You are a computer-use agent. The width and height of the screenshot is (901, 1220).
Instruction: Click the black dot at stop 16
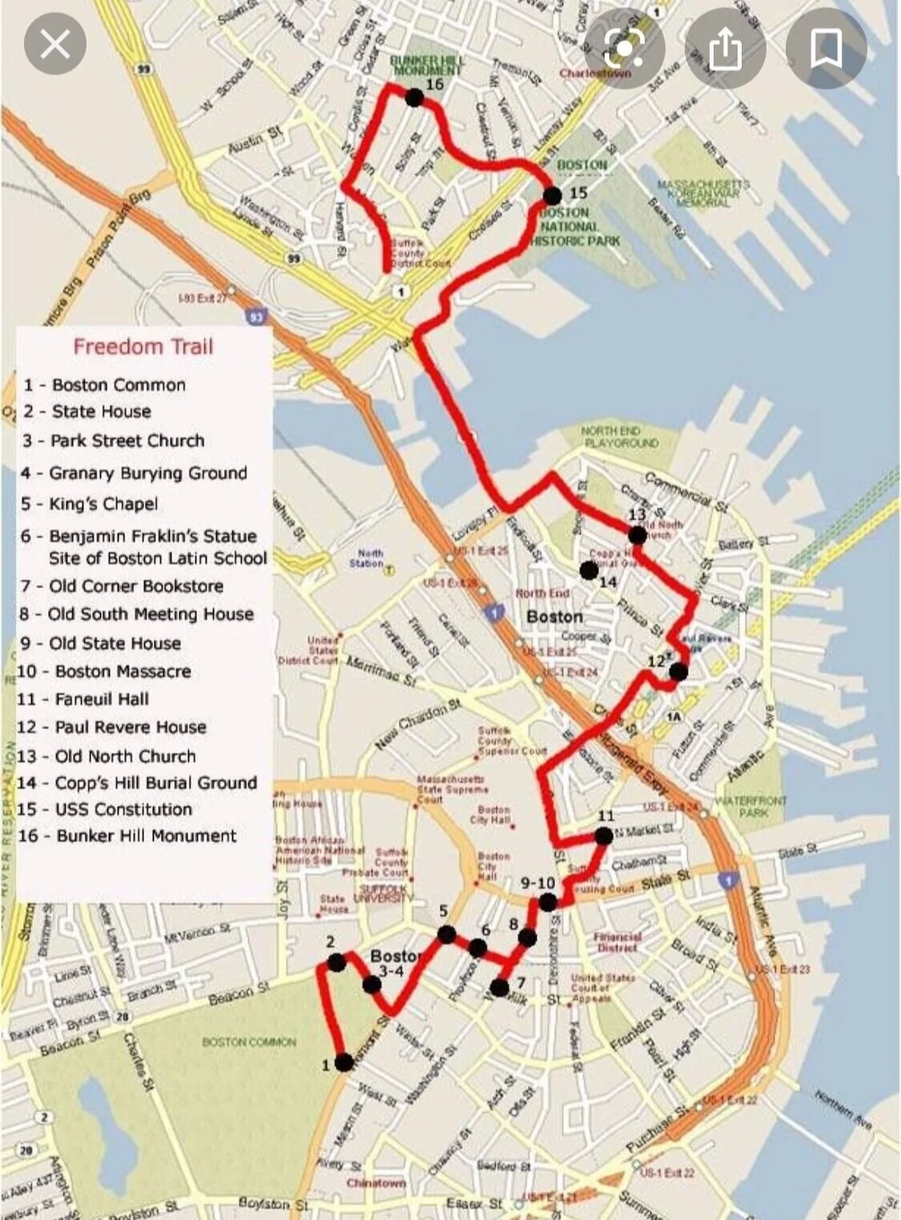click(414, 98)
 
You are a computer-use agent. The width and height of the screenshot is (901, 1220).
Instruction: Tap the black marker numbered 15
click(552, 196)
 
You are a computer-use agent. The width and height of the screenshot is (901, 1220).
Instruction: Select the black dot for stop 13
click(637, 535)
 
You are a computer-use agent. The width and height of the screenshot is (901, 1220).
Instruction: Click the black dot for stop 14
click(589, 570)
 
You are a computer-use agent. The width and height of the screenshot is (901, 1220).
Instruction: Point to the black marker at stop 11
click(604, 836)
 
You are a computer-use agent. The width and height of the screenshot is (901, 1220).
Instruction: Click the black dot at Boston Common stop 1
click(344, 1063)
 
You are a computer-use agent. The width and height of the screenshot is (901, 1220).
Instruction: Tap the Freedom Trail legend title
click(143, 347)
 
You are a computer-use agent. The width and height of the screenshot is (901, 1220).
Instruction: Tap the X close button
click(54, 45)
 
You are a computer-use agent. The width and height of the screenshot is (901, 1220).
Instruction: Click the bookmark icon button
click(826, 48)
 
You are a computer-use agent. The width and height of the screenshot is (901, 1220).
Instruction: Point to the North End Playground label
click(620, 437)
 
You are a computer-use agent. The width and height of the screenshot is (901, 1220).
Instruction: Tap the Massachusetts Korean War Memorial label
click(703, 193)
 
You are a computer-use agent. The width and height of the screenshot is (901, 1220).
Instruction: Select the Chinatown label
click(376, 1183)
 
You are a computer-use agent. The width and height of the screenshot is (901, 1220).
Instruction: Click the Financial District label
click(617, 941)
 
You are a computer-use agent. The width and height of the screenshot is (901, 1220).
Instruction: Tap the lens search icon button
click(625, 48)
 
